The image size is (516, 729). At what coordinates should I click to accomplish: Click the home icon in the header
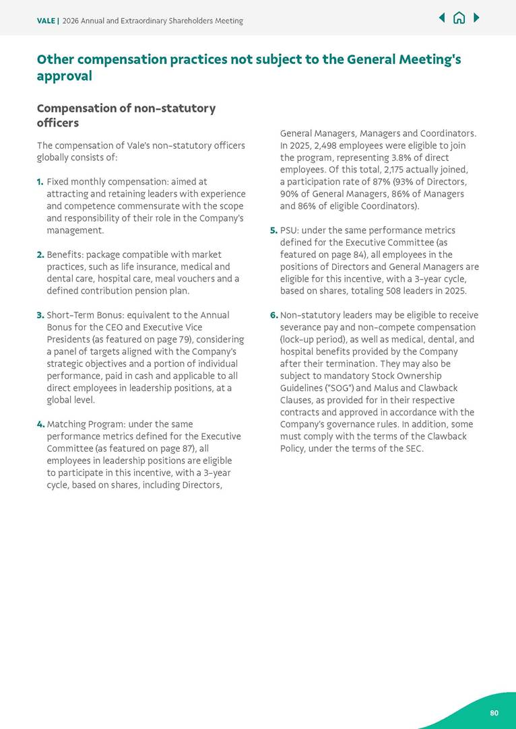pyautogui.click(x=459, y=18)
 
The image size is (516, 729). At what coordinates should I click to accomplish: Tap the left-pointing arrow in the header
pyautogui.click(x=442, y=18)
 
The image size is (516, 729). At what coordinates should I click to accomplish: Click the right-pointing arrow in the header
pyautogui.click(x=476, y=18)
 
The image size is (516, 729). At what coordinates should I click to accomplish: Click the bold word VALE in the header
pyautogui.click(x=46, y=21)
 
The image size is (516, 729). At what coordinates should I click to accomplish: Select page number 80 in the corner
pyautogui.click(x=494, y=713)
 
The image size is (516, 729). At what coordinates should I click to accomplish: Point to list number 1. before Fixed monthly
pyautogui.click(x=40, y=182)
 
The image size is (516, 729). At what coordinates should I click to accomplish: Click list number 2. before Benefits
pyautogui.click(x=40, y=254)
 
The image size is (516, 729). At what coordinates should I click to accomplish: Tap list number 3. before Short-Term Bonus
pyautogui.click(x=40, y=315)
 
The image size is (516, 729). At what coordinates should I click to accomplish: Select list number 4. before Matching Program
pyautogui.click(x=40, y=424)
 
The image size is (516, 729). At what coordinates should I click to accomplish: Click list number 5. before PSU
pyautogui.click(x=273, y=230)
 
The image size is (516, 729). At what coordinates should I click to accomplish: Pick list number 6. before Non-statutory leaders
pyautogui.click(x=273, y=315)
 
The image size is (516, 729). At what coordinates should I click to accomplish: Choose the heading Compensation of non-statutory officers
pyautogui.click(x=126, y=115)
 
